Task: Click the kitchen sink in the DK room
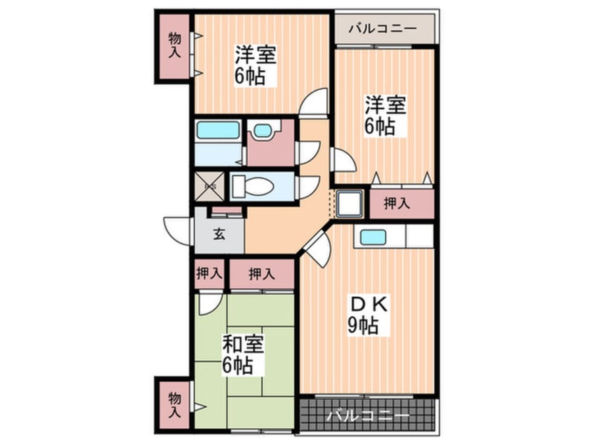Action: click(374, 237)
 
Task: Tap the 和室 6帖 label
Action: click(243, 354)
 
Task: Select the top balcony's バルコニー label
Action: click(382, 29)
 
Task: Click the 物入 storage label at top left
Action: click(173, 46)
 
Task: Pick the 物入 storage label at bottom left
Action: click(173, 404)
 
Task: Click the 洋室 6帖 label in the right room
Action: click(383, 116)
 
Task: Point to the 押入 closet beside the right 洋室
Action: click(398, 204)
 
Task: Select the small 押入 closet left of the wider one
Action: click(209, 273)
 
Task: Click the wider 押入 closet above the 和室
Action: click(261, 273)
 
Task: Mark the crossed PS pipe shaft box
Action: click(209, 187)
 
